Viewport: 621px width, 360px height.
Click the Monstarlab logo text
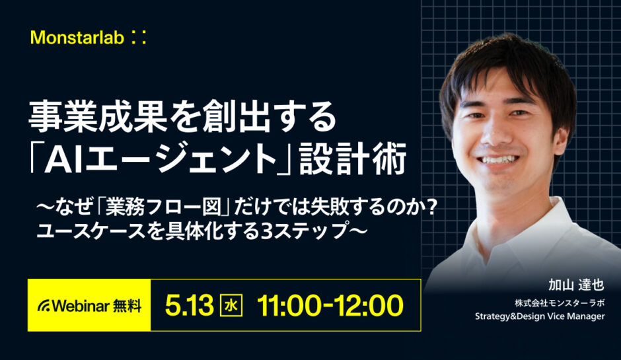pyautogui.click(x=77, y=38)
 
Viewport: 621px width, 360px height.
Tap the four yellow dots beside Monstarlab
pyautogui.click(x=138, y=38)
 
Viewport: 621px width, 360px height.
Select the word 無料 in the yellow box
pyautogui.click(x=127, y=305)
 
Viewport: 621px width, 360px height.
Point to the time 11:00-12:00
pyautogui.click(x=330, y=305)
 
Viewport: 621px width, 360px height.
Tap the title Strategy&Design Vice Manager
pyautogui.click(x=540, y=317)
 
